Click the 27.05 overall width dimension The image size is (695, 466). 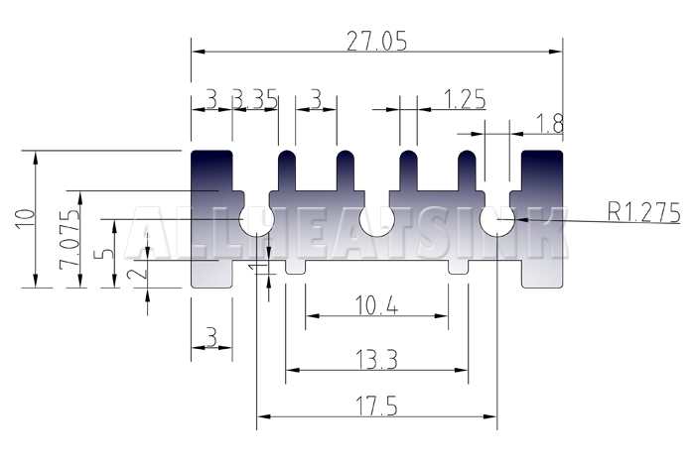(x=376, y=42)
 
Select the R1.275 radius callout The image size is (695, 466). (x=643, y=212)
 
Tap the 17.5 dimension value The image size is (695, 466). (x=376, y=406)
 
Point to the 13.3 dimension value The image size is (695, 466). (x=376, y=359)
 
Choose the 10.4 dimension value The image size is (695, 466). (x=376, y=305)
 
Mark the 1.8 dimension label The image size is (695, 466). (x=550, y=124)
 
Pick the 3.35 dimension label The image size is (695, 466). (x=255, y=99)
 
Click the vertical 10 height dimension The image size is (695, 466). (x=25, y=219)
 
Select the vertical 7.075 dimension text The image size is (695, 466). (x=69, y=239)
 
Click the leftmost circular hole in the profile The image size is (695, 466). (x=256, y=219)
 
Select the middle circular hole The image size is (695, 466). (x=376, y=219)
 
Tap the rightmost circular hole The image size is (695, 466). (x=496, y=219)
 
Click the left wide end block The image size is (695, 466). (x=211, y=219)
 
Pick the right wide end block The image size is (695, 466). (x=542, y=219)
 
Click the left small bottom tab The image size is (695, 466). (x=295, y=267)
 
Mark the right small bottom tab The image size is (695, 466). (x=458, y=267)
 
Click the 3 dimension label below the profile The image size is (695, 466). (x=211, y=338)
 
